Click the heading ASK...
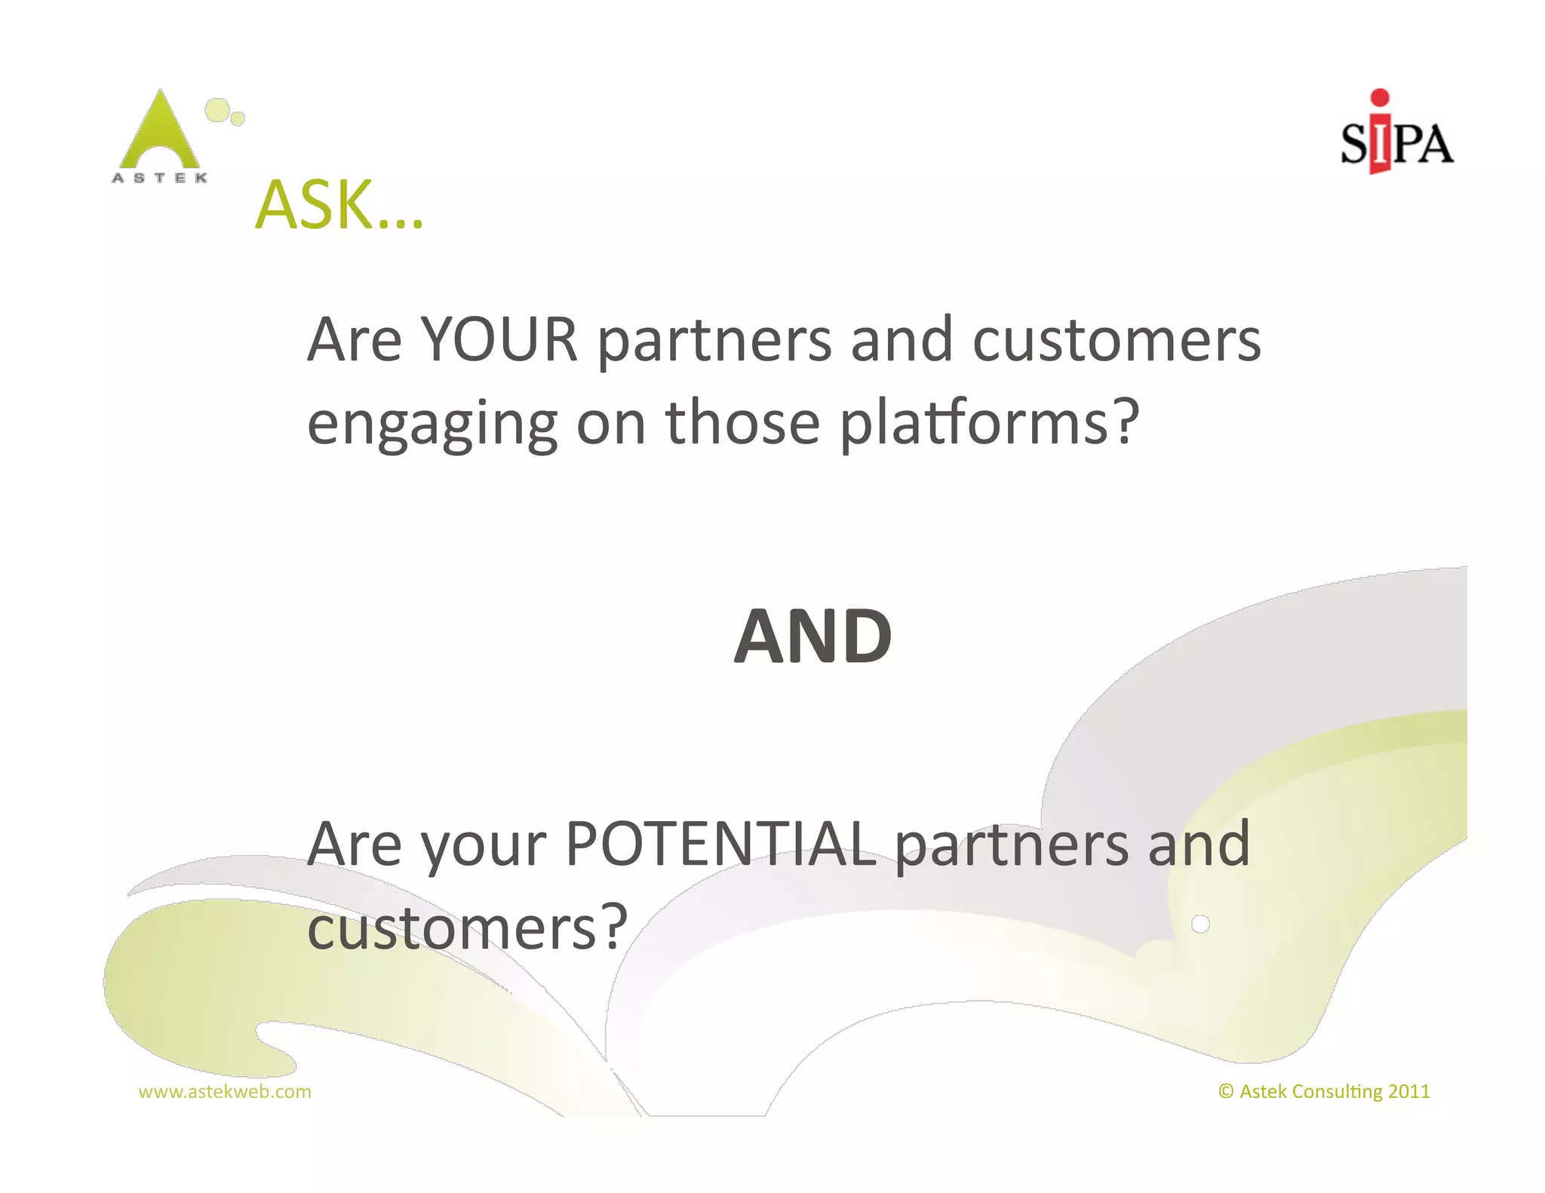339,204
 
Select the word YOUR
499,339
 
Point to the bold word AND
813,636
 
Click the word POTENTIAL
721,843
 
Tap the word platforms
989,422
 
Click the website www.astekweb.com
225,1091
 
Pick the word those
742,422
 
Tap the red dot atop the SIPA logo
1380,97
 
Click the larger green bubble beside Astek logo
217,110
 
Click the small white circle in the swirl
1200,924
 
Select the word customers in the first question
1117,339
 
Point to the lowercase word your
484,846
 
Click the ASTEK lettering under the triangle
160,178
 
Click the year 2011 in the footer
1408,1091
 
